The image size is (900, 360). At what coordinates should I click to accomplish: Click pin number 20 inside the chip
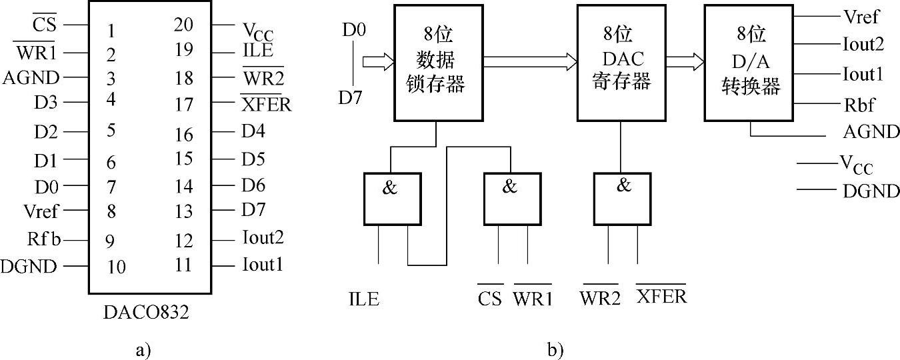(183, 25)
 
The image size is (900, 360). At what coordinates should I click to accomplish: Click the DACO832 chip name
(146, 311)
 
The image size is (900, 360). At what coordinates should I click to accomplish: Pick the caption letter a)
(143, 349)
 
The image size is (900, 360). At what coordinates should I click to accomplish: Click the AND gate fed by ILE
(393, 198)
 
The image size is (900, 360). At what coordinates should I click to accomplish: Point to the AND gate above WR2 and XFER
(623, 198)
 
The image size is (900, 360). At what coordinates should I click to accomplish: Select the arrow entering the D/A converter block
(685, 62)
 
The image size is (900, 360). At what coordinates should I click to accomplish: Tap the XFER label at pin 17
(266, 105)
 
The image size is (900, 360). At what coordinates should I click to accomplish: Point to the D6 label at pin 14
(253, 185)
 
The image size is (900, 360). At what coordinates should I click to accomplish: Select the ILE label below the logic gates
(363, 299)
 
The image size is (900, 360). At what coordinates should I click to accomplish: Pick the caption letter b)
(555, 349)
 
